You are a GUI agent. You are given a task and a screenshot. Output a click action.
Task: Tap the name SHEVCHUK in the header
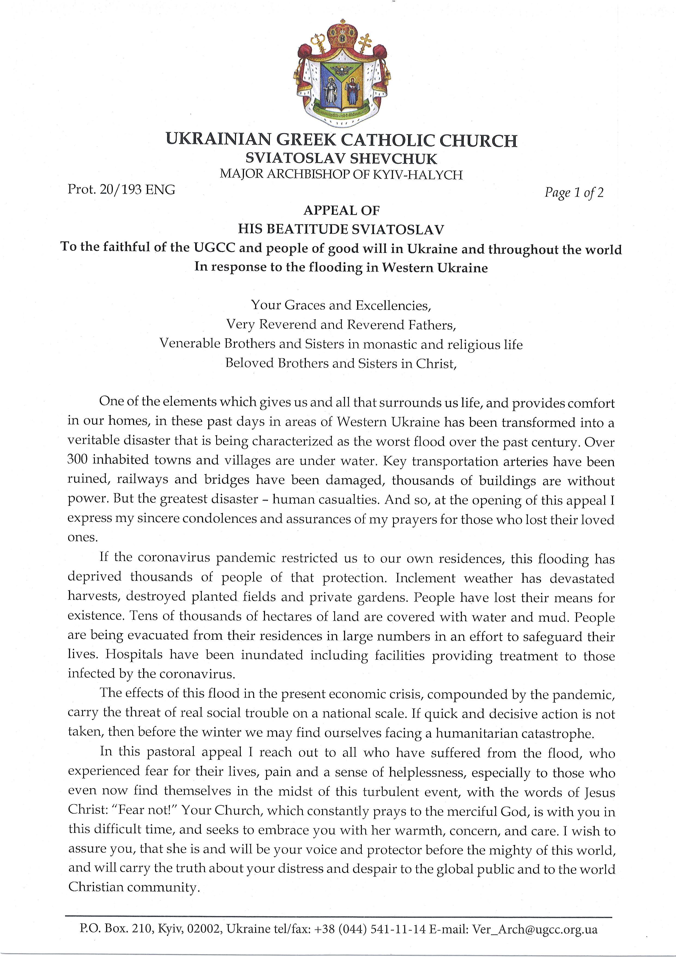(x=401, y=158)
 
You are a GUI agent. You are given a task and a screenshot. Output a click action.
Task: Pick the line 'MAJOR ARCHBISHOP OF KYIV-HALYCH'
(x=341, y=174)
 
